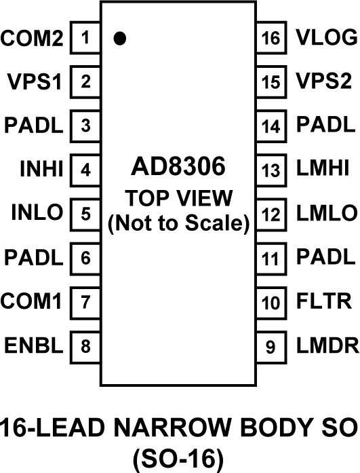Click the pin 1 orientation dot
click(120, 39)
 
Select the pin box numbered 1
click(85, 39)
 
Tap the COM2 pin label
click(32, 39)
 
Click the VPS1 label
click(34, 83)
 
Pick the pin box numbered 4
click(85, 170)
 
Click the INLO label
click(37, 213)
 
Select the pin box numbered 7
click(85, 301)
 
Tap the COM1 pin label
click(32, 301)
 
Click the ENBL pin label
click(34, 345)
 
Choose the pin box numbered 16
click(271, 39)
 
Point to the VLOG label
click(327, 39)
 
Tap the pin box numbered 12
click(271, 214)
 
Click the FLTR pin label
click(324, 301)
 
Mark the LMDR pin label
click(327, 345)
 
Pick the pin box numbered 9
click(271, 345)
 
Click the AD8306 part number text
click(178, 167)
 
